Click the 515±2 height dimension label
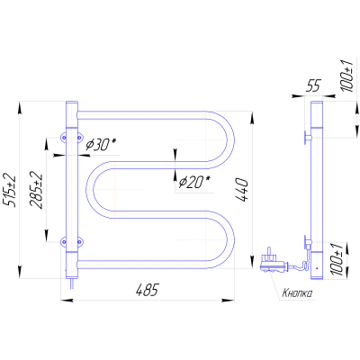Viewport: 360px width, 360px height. coord(10,190)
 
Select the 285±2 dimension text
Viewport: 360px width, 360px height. coord(37,191)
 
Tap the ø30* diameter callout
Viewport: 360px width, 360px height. coord(100,145)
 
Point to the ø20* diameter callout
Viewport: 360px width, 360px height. coord(194,182)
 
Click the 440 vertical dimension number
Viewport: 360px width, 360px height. coord(242,190)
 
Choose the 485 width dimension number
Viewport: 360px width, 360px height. coord(147,290)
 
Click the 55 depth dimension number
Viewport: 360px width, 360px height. coord(313,85)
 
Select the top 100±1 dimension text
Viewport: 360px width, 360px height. coord(347,75)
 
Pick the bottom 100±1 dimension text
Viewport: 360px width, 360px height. coord(337,259)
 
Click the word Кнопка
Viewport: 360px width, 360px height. coord(297,293)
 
